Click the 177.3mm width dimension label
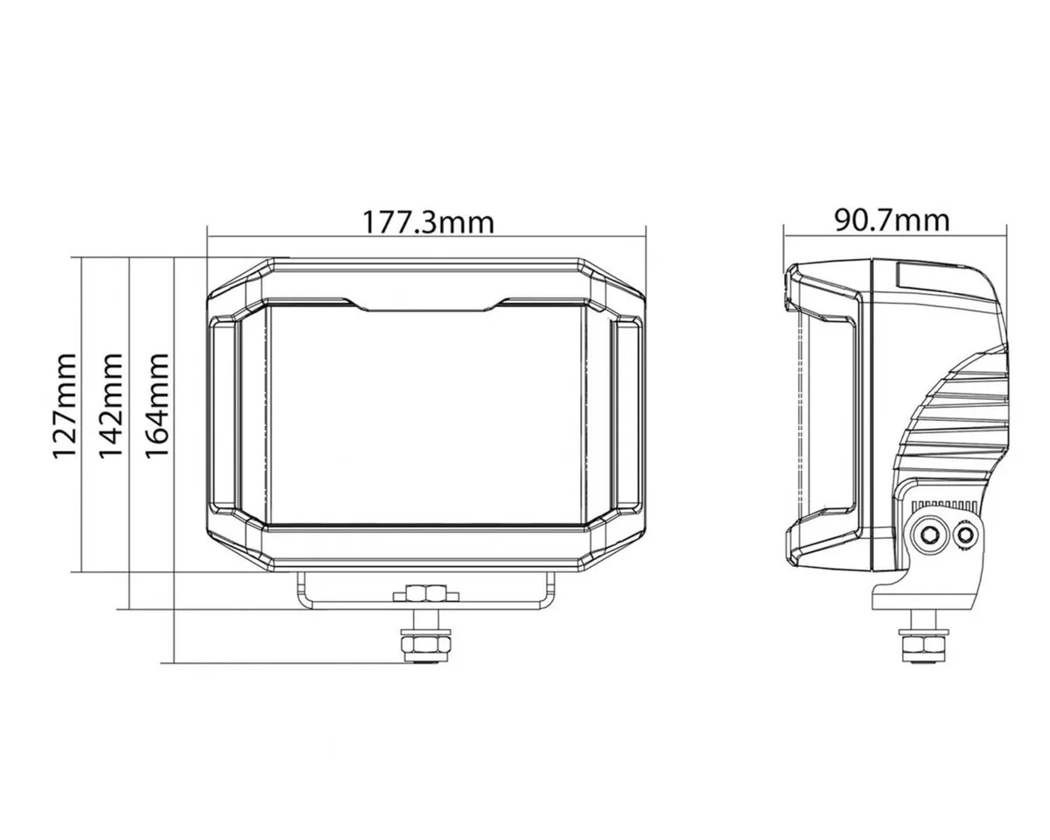(x=428, y=221)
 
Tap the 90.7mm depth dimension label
(x=891, y=219)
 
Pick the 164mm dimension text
(x=155, y=406)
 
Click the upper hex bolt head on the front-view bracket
(x=426, y=595)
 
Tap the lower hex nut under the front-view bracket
(x=426, y=647)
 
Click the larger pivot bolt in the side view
(x=927, y=533)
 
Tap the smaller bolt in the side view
(x=965, y=534)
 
